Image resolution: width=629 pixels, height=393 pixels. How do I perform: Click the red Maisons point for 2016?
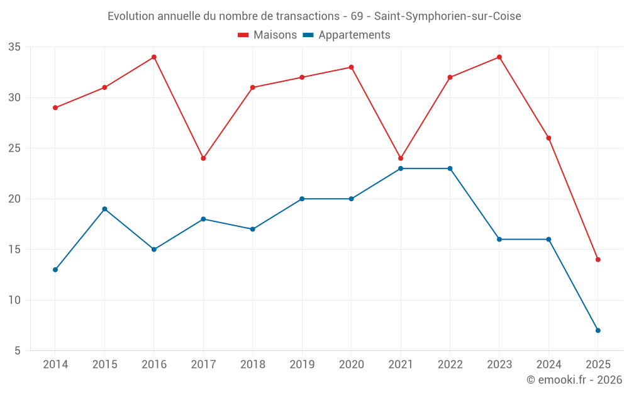pyautogui.click(x=154, y=57)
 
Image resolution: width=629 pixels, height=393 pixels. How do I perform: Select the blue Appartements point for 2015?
pyautogui.click(x=104, y=209)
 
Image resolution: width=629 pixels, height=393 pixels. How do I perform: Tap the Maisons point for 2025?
pyautogui.click(x=598, y=260)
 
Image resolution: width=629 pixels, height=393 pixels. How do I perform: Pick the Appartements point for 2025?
pyautogui.click(x=598, y=330)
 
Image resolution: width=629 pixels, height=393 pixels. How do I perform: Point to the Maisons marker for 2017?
pyautogui.click(x=203, y=158)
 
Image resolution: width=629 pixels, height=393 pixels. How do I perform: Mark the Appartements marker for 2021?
pyautogui.click(x=401, y=169)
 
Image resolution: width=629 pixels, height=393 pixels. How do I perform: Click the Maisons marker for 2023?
pyautogui.click(x=499, y=57)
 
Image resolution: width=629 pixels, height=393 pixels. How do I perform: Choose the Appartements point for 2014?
pyautogui.click(x=55, y=270)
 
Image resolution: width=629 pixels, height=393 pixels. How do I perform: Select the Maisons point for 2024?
pyautogui.click(x=548, y=138)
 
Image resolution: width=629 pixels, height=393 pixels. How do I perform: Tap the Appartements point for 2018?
pyautogui.click(x=253, y=229)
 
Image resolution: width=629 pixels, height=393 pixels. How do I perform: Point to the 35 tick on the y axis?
pyautogui.click(x=14, y=47)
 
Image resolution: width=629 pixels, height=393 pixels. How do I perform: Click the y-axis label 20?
pyautogui.click(x=14, y=199)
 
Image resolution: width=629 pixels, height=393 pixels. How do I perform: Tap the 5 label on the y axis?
pyautogui.click(x=18, y=351)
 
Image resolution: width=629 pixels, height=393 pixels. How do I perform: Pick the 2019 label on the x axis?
pyautogui.click(x=302, y=364)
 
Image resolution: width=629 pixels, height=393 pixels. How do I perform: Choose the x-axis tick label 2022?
pyautogui.click(x=450, y=364)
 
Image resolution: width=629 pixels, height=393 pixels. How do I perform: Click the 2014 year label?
pyautogui.click(x=55, y=364)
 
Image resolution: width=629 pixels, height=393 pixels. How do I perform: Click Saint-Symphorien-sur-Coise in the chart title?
pyautogui.click(x=447, y=16)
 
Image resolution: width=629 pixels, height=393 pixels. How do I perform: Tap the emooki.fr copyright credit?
pyautogui.click(x=574, y=380)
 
